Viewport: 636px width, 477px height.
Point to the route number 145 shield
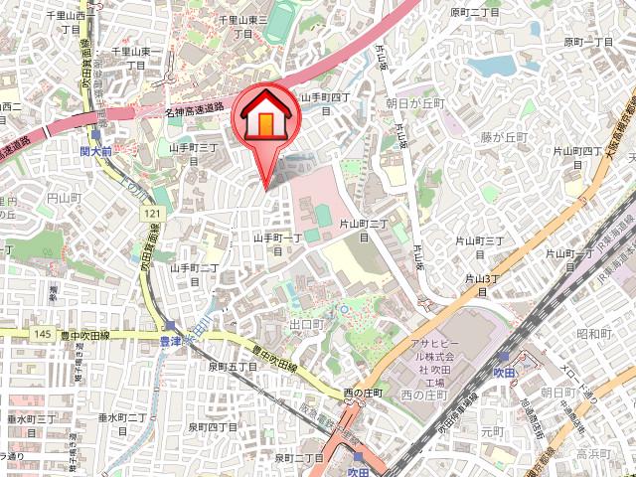pyautogui.click(x=41, y=334)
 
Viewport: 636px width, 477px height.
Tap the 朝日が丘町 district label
pyautogui.click(x=413, y=102)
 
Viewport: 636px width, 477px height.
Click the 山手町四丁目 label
pyautogui.click(x=326, y=97)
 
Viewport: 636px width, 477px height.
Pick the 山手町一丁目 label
pyautogui.click(x=276, y=238)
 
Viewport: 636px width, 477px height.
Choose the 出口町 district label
pyautogui.click(x=307, y=324)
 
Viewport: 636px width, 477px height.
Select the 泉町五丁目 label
pyautogui.click(x=234, y=367)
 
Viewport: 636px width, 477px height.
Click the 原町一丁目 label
pyautogui.click(x=589, y=42)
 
